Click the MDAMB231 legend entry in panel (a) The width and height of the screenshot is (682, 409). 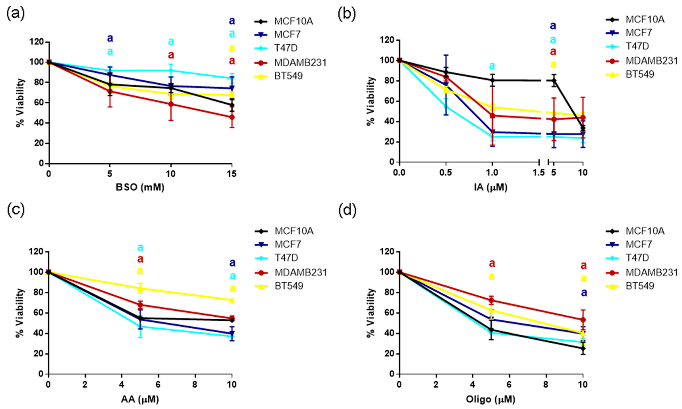point(300,63)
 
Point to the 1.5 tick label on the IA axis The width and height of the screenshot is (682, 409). point(539,173)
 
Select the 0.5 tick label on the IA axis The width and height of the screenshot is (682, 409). point(446,173)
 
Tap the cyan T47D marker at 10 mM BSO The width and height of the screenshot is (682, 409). point(171,70)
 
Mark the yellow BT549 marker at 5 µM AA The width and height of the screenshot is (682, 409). point(140,289)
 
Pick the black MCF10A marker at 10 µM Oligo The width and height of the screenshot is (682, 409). point(583,348)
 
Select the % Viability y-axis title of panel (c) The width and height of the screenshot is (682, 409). point(20,313)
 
